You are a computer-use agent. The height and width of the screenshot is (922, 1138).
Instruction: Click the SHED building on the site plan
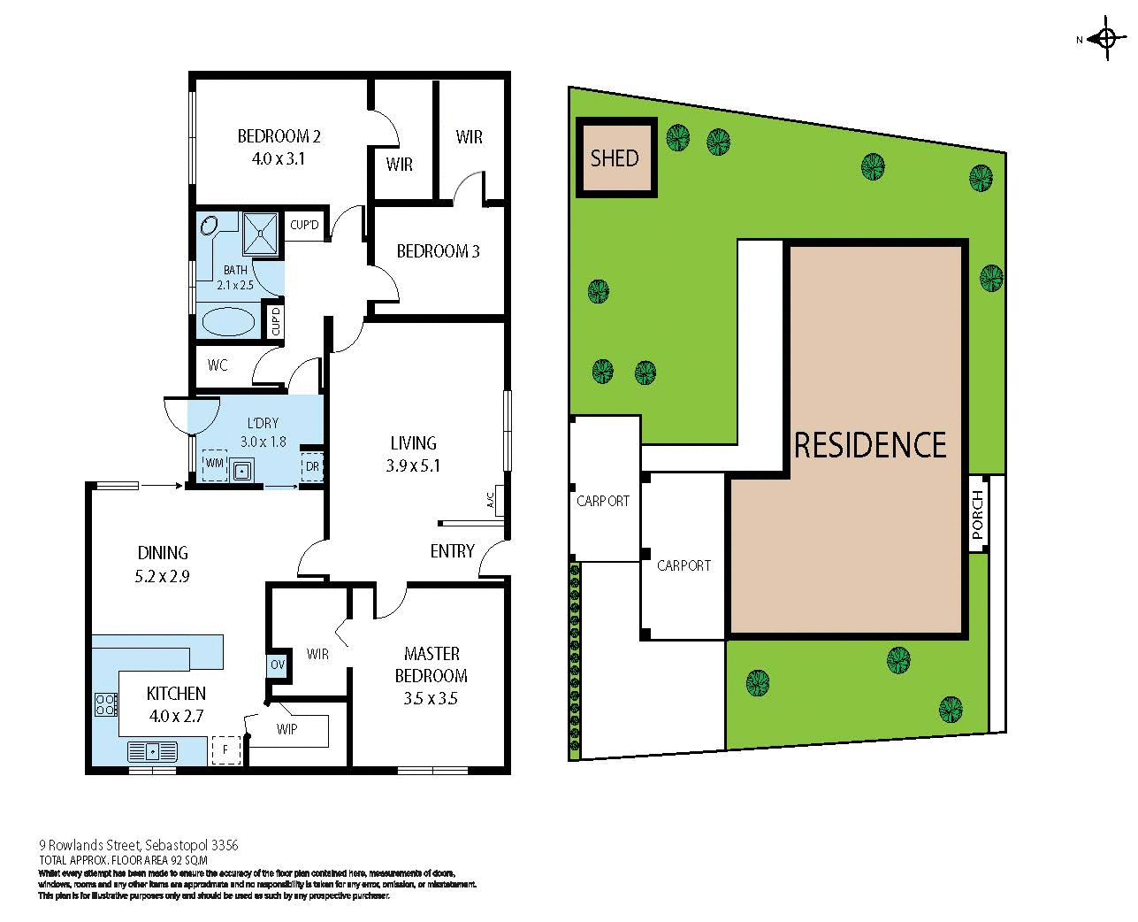tap(615, 158)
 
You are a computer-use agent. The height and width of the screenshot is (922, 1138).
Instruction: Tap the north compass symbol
tap(1105, 38)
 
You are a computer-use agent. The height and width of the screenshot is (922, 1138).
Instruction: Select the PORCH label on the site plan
tap(977, 515)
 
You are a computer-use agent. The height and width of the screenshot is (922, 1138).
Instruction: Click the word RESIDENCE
tap(870, 444)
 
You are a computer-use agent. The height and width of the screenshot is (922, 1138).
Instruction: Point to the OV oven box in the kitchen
tap(278, 665)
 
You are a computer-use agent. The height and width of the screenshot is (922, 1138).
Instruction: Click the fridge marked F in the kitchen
tap(225, 750)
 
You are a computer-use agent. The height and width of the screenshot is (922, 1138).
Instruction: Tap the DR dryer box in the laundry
tap(312, 466)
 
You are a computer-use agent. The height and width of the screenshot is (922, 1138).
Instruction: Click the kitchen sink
tap(153, 751)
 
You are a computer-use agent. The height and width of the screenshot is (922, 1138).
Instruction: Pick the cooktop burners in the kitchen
tap(105, 704)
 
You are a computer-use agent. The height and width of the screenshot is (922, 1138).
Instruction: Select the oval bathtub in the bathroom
tap(227, 320)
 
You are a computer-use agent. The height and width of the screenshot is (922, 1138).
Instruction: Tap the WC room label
tap(218, 365)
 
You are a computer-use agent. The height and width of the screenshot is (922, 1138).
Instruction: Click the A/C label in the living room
tap(489, 501)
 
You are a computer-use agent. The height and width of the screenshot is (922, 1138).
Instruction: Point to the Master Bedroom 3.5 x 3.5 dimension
tap(431, 698)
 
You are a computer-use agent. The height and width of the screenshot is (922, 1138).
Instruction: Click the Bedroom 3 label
tap(438, 251)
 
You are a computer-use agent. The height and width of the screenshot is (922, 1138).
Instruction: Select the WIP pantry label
tap(286, 730)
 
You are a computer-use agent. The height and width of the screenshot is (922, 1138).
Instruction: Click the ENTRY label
tap(452, 551)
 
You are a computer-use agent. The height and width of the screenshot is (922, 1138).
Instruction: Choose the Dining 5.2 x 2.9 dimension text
tap(163, 575)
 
